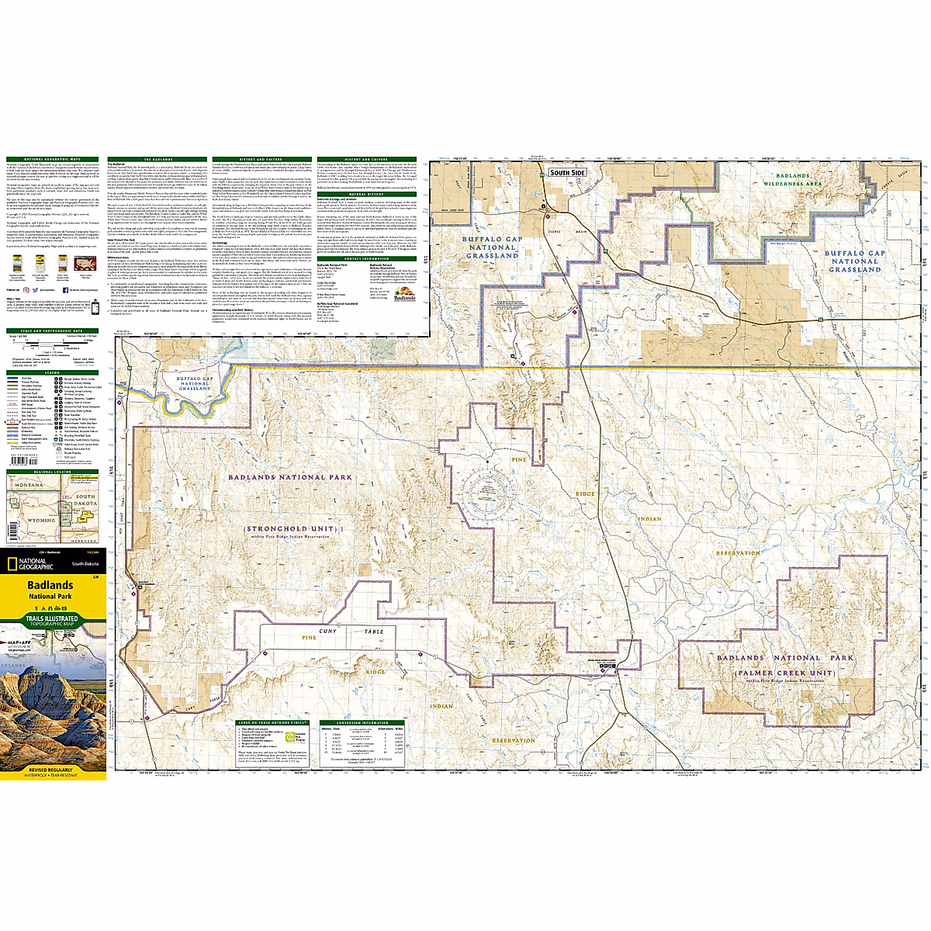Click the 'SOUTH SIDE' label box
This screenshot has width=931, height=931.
566,172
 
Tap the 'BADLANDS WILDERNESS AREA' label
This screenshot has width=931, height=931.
792,180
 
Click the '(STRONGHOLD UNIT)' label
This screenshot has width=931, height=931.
289,530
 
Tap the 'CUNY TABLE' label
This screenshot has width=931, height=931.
351,632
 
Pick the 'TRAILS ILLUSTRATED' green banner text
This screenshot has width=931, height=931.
51,619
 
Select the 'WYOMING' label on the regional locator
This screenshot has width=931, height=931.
42,521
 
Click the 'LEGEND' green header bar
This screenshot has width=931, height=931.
53,373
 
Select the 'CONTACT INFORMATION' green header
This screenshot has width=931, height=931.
366,258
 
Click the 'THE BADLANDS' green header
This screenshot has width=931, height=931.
158,160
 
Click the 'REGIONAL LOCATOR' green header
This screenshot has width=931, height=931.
53,471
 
